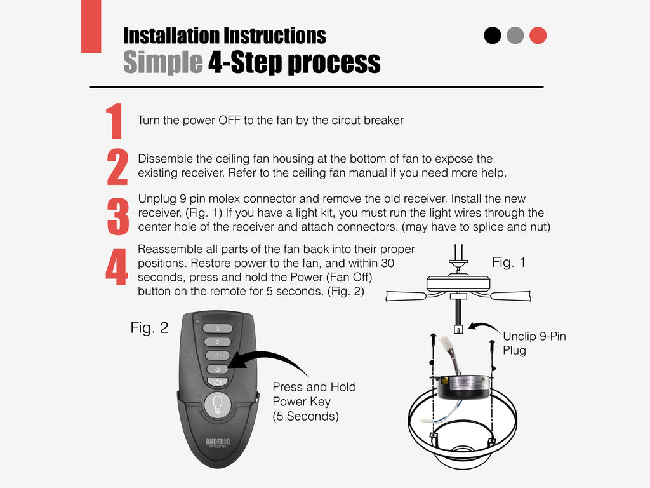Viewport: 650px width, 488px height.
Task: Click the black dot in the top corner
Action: click(x=492, y=36)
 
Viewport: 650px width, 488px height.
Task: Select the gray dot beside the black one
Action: click(x=515, y=36)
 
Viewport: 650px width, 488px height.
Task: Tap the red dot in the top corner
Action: click(x=538, y=36)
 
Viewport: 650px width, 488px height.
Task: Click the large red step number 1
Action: click(x=114, y=121)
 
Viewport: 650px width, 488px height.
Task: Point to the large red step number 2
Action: click(x=117, y=166)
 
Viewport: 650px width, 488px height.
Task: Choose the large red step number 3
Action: click(x=118, y=217)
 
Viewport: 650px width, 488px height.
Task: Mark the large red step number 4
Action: click(x=117, y=267)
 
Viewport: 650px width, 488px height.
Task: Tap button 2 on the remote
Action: click(x=217, y=342)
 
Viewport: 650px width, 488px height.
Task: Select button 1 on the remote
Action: click(x=217, y=356)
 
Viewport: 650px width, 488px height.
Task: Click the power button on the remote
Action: click(x=217, y=369)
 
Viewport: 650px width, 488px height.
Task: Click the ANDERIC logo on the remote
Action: click(x=218, y=442)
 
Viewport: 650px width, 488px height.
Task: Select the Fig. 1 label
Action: click(x=508, y=262)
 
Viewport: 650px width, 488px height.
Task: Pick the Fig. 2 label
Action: click(x=149, y=328)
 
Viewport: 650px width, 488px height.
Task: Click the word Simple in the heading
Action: click(x=163, y=62)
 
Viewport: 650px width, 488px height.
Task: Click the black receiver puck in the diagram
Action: click(x=463, y=388)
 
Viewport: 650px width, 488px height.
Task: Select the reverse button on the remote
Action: click(x=217, y=382)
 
